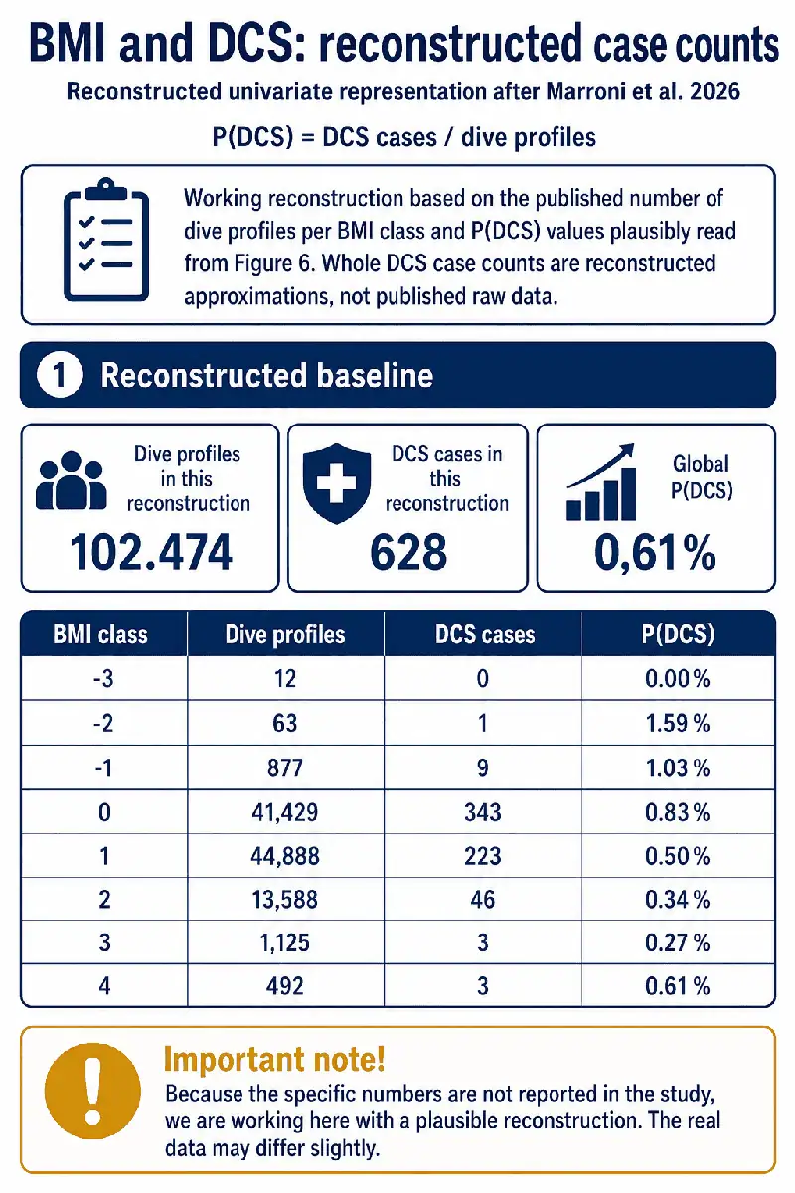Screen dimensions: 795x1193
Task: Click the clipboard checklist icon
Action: pos(106,240)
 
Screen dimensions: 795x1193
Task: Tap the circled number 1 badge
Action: pos(60,375)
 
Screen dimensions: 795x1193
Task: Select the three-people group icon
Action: pos(71,480)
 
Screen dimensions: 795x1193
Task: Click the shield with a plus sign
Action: pos(337,483)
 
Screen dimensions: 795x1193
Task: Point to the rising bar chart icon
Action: pos(601,481)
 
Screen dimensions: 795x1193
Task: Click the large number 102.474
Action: pos(151,553)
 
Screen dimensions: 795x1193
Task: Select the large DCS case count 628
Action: pos(408,553)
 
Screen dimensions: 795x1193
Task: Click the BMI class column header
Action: pos(100,635)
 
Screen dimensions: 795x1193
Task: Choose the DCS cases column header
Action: pos(485,635)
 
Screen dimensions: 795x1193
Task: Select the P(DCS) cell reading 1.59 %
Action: pos(678,724)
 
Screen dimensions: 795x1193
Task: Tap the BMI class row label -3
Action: pos(103,679)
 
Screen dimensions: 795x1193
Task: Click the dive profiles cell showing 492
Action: pos(285,986)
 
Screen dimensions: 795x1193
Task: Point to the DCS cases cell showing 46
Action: pos(482,900)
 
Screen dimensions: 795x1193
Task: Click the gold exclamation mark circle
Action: pos(92,1092)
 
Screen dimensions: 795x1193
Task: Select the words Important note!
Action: pos(273,1059)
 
